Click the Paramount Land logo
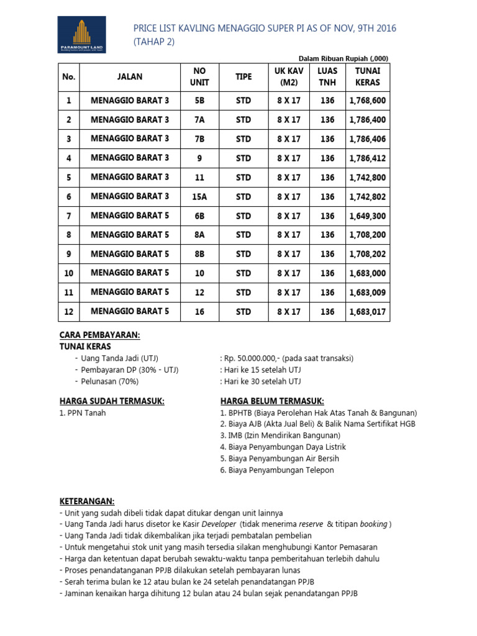click(x=82, y=35)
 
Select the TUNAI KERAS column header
click(x=368, y=76)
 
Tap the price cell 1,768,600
click(x=368, y=100)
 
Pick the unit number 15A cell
click(x=199, y=197)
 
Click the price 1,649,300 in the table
click(x=368, y=216)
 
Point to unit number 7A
click(x=199, y=119)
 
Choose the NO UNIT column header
click(x=199, y=76)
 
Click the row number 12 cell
click(x=69, y=312)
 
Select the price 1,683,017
click(x=368, y=312)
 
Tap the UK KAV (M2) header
click(x=289, y=76)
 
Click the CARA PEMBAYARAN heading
click(x=99, y=335)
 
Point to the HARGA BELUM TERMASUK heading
click(x=272, y=401)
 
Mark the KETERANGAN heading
click(x=87, y=501)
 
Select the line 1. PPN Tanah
click(x=83, y=413)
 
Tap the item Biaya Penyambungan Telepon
click(x=276, y=470)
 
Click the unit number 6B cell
click(x=199, y=216)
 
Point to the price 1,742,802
click(x=368, y=197)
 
